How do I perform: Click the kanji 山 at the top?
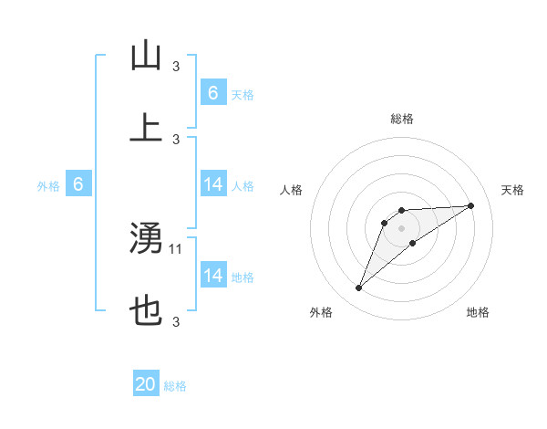[x=146, y=57]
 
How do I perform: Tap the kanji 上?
[x=146, y=128]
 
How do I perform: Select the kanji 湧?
[x=146, y=239]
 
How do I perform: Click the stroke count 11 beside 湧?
[x=177, y=247]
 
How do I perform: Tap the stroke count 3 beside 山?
[x=176, y=66]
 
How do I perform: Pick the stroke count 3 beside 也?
[x=176, y=321]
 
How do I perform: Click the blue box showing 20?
[x=146, y=385]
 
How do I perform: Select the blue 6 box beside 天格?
[x=212, y=92]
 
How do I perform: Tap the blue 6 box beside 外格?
[x=78, y=184]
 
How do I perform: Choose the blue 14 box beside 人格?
[x=212, y=184]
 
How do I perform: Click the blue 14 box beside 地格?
[x=212, y=276]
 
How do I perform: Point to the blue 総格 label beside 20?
[x=175, y=386]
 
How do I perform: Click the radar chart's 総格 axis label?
[x=402, y=119]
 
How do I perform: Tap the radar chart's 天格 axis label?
[x=512, y=190]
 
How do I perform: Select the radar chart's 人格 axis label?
[x=292, y=190]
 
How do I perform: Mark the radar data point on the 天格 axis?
[x=471, y=205]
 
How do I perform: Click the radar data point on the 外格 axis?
[x=359, y=288]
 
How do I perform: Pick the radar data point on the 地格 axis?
[x=413, y=243]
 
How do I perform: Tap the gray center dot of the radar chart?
[x=402, y=227]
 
